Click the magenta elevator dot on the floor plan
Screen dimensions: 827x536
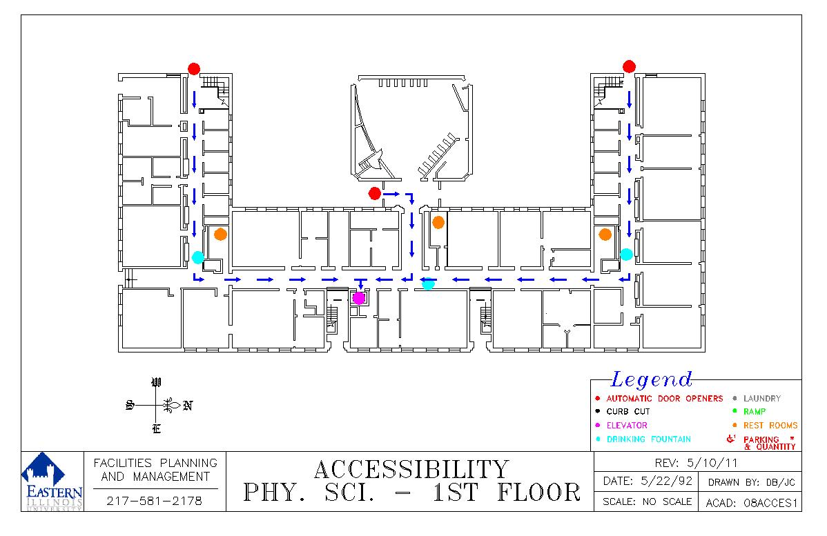click(x=359, y=298)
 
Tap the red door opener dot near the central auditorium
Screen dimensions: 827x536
click(x=374, y=193)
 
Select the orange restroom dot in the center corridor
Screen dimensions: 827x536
click(x=438, y=222)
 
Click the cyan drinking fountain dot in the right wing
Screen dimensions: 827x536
click(x=626, y=255)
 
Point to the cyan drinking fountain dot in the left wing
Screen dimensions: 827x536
click(x=198, y=257)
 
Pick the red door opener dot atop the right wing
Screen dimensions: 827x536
click(x=629, y=66)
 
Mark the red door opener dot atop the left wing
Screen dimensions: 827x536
click(x=194, y=69)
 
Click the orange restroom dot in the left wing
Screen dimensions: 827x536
click(x=220, y=234)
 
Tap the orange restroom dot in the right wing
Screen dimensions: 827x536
click(x=605, y=234)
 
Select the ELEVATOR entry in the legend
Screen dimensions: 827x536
click(x=627, y=426)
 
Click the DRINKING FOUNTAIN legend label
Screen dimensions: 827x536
click(x=648, y=439)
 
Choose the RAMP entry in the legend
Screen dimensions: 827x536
click(x=755, y=412)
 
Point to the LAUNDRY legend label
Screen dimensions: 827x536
click(x=761, y=399)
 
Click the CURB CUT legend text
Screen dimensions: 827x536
click(x=628, y=412)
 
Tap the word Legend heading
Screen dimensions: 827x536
click(x=652, y=379)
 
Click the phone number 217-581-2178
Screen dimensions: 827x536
click(x=154, y=501)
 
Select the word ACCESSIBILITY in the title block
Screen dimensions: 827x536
click(x=411, y=470)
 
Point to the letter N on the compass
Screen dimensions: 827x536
click(x=187, y=406)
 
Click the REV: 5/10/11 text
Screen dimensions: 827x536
click(x=696, y=464)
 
